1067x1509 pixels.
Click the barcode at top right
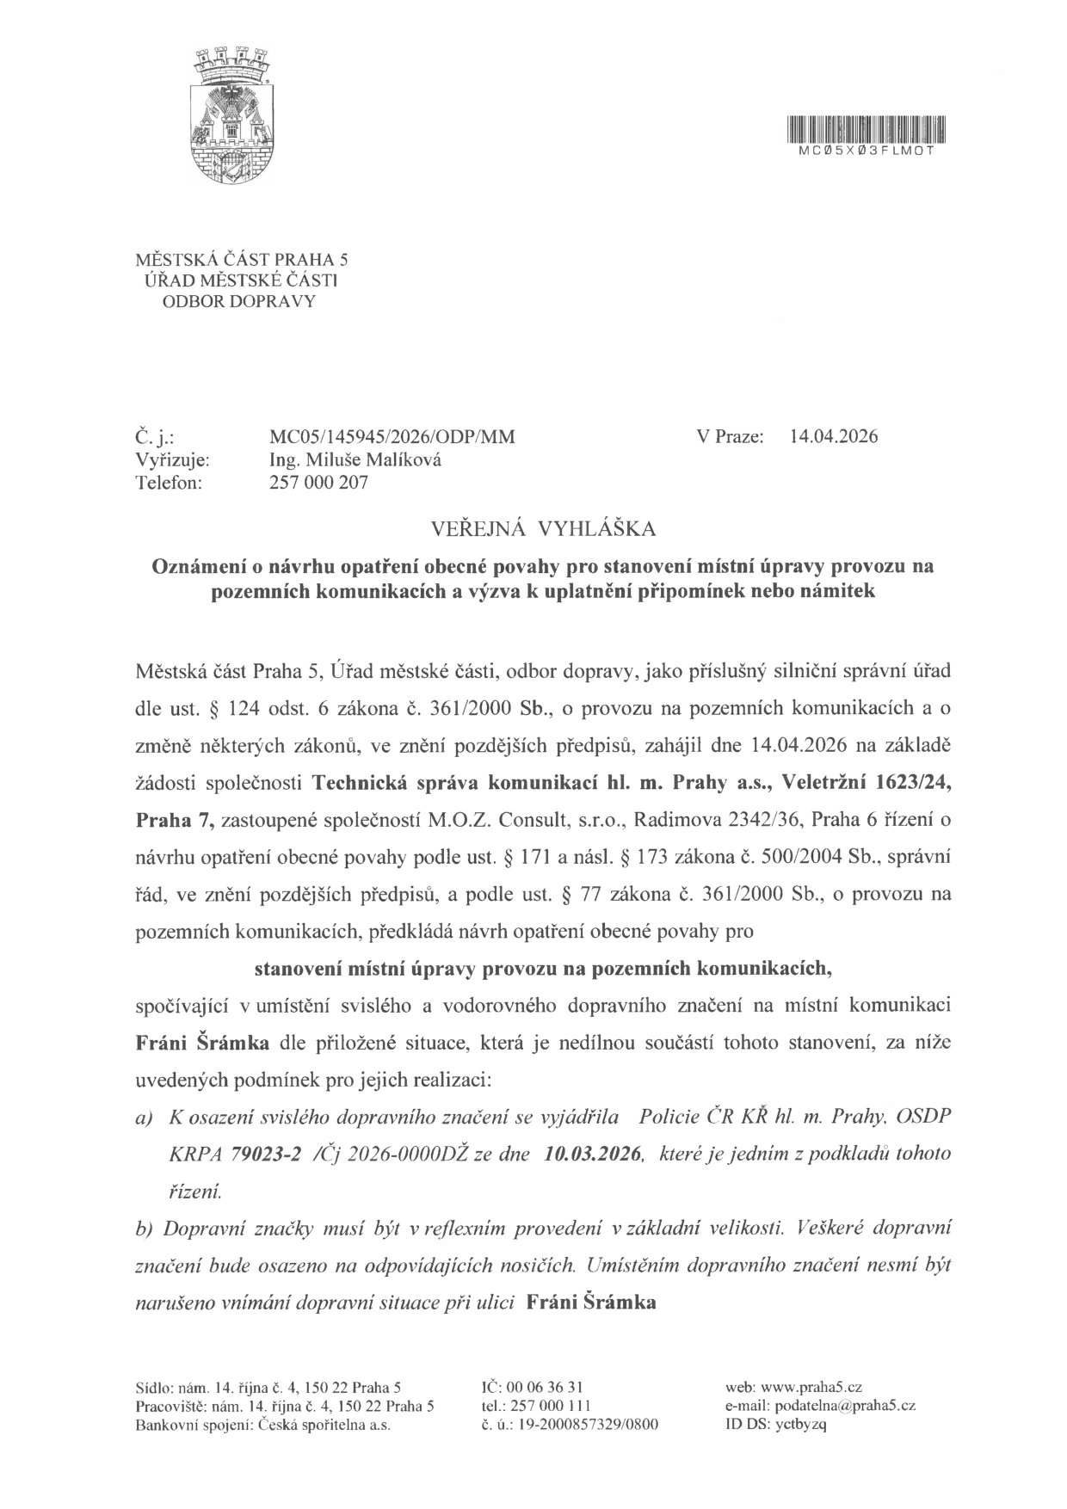pyautogui.click(x=867, y=129)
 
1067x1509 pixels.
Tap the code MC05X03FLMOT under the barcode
pyautogui.click(x=867, y=149)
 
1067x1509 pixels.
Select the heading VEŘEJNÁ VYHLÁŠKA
pyautogui.click(x=533, y=528)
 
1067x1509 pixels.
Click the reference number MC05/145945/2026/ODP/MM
pyautogui.click(x=392, y=436)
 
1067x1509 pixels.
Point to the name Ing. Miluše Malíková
pyautogui.click(x=355, y=459)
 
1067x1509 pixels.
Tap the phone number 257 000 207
pyautogui.click(x=318, y=483)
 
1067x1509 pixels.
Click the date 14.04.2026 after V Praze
pyautogui.click(x=833, y=436)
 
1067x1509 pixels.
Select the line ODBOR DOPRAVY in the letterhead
pyautogui.click(x=239, y=301)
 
